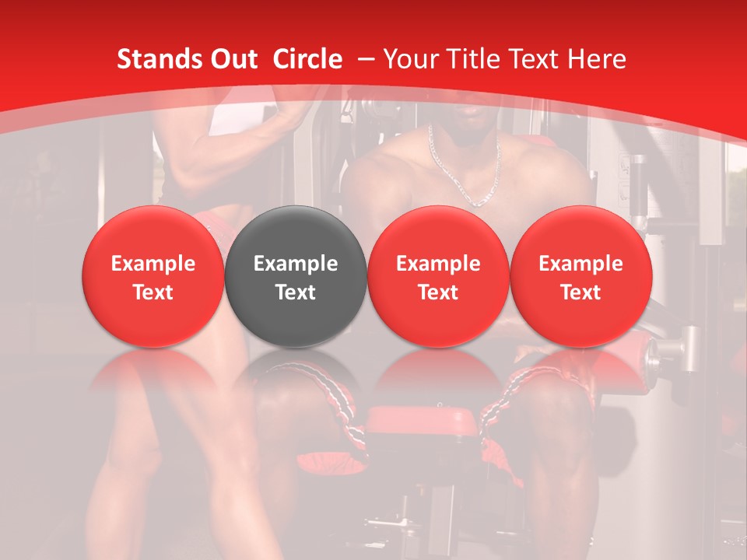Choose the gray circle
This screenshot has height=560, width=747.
pos(296,276)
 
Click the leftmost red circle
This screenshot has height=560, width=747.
pos(153,276)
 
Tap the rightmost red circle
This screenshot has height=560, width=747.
pos(581,276)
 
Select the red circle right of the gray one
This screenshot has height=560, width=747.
pos(438,276)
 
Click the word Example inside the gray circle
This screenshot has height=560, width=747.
pos(296,264)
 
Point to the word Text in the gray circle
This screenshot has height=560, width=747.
pos(296,292)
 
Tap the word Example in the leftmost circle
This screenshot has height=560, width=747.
pos(153,264)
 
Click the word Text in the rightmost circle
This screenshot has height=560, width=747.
pos(581,292)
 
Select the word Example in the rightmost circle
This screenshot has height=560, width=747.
pos(581,264)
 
